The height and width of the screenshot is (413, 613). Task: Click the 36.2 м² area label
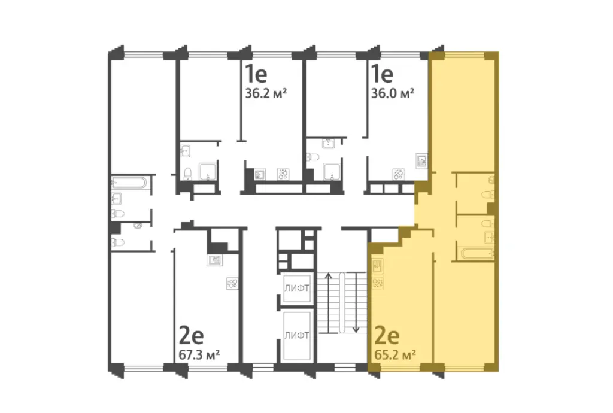[x=267, y=93]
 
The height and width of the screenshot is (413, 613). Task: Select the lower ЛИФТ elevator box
[x=297, y=335]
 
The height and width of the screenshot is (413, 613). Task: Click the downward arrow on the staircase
[x=355, y=302]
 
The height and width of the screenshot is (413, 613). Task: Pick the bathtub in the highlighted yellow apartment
[x=478, y=253]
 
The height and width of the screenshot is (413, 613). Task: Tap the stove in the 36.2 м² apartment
[x=283, y=175]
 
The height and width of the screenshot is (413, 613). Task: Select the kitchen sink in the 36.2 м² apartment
[x=260, y=175]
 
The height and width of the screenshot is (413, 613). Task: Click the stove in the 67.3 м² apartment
[x=232, y=284]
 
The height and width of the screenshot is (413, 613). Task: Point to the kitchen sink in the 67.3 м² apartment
[x=214, y=260]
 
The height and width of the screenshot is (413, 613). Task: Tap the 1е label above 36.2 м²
[x=255, y=74]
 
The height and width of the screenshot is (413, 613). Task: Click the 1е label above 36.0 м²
[x=381, y=74]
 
